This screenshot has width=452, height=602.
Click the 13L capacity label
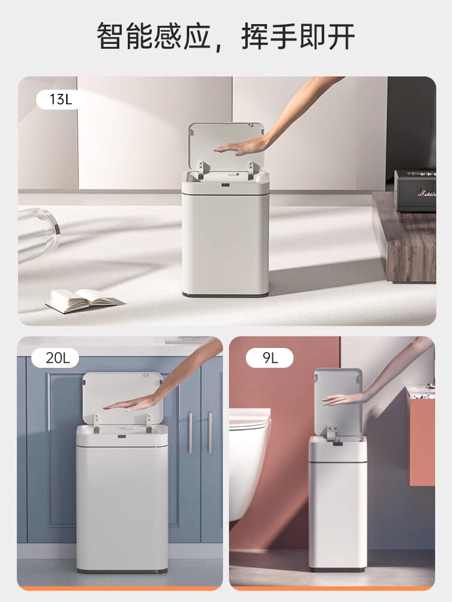61,99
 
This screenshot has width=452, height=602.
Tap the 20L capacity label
58,358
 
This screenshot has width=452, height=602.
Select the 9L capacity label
270,358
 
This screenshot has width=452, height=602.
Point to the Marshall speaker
416,191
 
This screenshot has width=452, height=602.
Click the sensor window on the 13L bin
225,186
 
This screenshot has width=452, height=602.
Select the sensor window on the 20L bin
122,436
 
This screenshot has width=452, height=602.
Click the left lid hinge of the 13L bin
203,171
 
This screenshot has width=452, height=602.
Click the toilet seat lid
250,418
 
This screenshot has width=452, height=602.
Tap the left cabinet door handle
190,433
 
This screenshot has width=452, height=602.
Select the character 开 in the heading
341,36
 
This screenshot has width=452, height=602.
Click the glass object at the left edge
39,234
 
